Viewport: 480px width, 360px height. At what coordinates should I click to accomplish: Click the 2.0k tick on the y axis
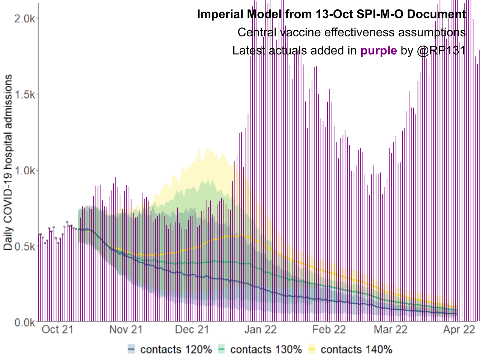point(25,18)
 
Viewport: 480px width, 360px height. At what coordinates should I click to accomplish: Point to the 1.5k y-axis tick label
point(25,94)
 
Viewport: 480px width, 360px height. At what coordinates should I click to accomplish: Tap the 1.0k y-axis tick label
point(25,171)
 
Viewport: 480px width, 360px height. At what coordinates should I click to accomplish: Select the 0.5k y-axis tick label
point(25,246)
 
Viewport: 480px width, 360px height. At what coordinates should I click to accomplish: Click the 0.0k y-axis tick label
point(25,322)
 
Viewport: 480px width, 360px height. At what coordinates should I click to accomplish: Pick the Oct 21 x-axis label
point(57,330)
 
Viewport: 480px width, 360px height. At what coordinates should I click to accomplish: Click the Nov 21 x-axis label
point(126,330)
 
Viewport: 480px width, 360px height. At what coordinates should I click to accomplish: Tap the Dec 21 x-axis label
point(192,330)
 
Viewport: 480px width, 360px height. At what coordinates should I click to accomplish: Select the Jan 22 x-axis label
point(260,330)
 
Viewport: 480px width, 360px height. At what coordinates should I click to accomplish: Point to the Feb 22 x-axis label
point(329,330)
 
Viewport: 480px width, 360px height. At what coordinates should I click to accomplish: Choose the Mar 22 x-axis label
point(390,330)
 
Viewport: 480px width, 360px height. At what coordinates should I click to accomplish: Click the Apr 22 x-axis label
point(459,330)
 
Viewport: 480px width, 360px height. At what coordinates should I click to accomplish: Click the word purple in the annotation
point(378,51)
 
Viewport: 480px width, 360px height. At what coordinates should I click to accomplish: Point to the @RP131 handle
point(441,51)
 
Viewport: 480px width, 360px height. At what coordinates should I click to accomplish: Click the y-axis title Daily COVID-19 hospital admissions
point(8,162)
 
